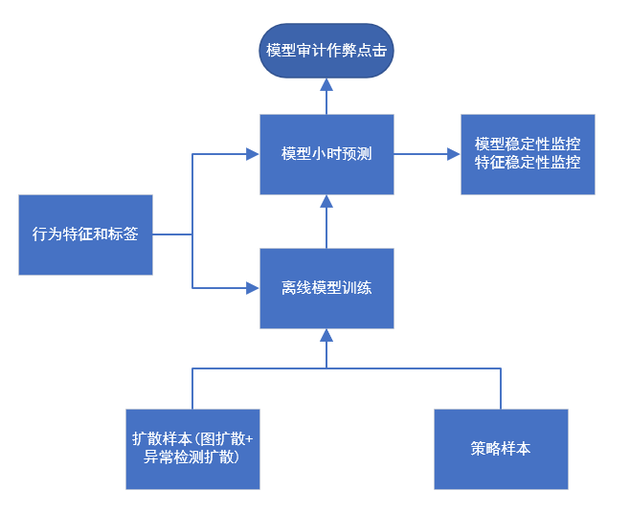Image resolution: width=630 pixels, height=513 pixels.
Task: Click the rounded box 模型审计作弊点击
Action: (326, 50)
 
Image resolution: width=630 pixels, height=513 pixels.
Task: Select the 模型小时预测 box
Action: (326, 154)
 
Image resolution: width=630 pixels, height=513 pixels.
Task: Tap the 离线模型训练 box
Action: (326, 287)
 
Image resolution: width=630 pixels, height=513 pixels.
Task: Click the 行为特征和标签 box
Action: (85, 234)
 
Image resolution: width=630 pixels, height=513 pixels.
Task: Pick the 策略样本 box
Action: (501, 449)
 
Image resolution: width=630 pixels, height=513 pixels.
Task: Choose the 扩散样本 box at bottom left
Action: (192, 449)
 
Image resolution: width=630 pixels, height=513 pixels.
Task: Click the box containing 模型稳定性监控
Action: (528, 154)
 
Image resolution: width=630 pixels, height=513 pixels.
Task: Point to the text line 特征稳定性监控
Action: (528, 163)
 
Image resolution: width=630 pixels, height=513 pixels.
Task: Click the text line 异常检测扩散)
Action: (191, 457)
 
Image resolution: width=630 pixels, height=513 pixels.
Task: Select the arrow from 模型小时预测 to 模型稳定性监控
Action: (426, 154)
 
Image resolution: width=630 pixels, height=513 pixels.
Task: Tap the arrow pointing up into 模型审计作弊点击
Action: (326, 97)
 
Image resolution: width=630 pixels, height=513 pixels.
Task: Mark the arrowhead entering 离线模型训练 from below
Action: (326, 335)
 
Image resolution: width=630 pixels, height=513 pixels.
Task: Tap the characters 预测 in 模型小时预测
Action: (356, 154)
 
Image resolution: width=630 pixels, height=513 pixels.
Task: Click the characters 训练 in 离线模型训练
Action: (356, 287)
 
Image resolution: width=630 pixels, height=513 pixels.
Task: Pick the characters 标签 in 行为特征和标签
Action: (124, 234)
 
